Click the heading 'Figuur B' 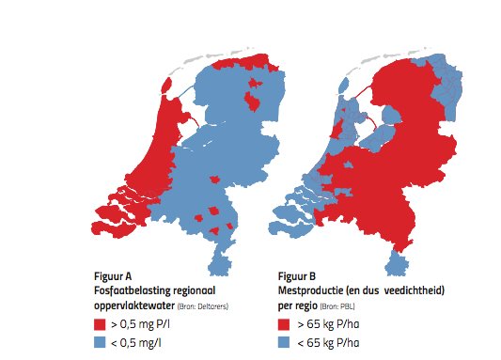coord(300,277)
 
